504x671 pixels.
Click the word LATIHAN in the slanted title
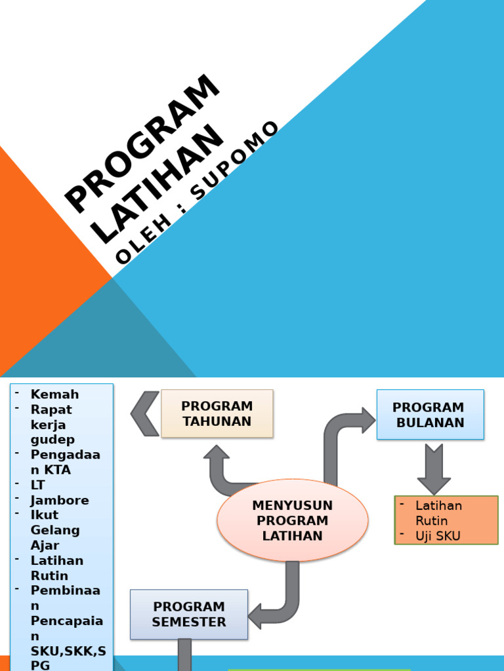(157, 185)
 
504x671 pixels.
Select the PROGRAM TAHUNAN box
(217, 413)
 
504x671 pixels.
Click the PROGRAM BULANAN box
(430, 415)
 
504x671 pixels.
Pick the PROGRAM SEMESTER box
(189, 614)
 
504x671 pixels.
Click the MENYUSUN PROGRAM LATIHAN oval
(293, 520)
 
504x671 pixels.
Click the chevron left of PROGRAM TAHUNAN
(145, 413)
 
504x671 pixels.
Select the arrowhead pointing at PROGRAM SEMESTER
(256, 616)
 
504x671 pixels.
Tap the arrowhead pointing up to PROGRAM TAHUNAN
(217, 453)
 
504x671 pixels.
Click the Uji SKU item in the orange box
(438, 536)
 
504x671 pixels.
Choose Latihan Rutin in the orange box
(438, 513)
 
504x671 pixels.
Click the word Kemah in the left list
(54, 394)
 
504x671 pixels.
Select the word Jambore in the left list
(60, 500)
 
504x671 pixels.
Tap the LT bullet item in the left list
(39, 485)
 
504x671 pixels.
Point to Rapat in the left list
(51, 410)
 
